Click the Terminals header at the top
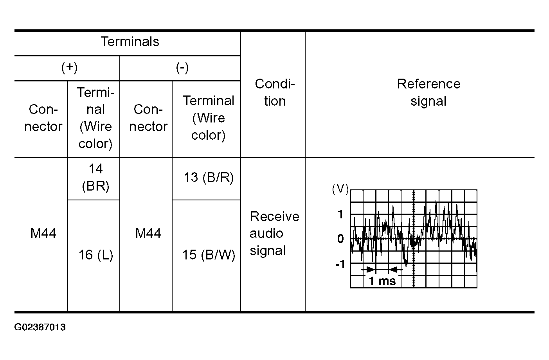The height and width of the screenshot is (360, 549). click(x=130, y=41)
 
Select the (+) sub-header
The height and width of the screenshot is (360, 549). click(x=69, y=68)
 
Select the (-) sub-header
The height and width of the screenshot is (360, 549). click(x=182, y=68)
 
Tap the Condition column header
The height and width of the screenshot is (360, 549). click(x=275, y=92)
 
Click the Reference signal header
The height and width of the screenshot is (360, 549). click(x=428, y=92)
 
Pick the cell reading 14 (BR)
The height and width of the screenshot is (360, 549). click(x=95, y=177)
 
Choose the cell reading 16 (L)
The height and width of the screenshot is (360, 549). click(x=96, y=255)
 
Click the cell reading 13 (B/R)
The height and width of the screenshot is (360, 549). click(x=209, y=177)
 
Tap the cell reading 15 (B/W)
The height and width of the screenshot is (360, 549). click(x=209, y=255)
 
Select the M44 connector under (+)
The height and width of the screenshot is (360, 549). click(x=43, y=233)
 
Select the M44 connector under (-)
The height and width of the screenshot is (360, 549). click(x=148, y=233)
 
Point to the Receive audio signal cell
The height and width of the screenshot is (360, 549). click(x=274, y=234)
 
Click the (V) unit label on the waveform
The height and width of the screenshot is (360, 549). click(x=340, y=189)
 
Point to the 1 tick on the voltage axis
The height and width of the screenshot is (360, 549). click(x=340, y=214)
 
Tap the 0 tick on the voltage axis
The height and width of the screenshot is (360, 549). click(x=340, y=238)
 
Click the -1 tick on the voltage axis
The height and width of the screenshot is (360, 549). click(x=340, y=264)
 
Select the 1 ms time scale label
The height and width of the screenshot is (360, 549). click(x=382, y=281)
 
